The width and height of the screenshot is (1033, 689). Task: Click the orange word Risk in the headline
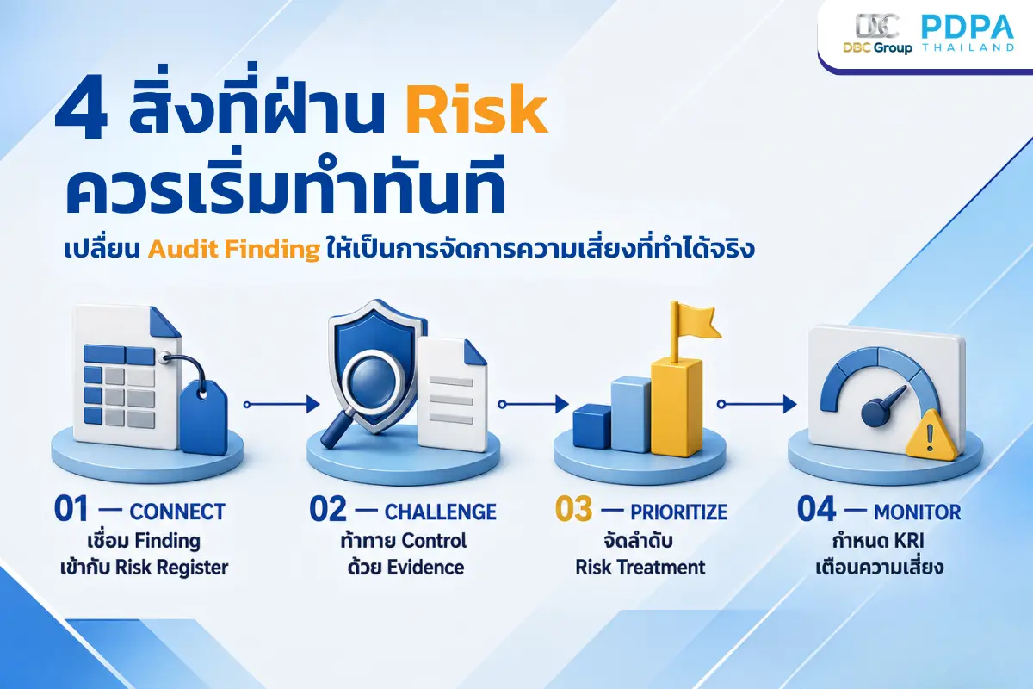click(x=476, y=110)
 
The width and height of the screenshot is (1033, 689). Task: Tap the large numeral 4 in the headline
click(x=81, y=110)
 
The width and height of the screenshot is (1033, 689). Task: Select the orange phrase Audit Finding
click(x=234, y=249)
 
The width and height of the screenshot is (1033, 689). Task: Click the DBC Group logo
click(x=877, y=34)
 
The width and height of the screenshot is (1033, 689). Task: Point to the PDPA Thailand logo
click(x=968, y=33)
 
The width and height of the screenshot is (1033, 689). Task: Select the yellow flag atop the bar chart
click(x=695, y=321)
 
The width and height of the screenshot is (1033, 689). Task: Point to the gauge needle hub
click(x=875, y=413)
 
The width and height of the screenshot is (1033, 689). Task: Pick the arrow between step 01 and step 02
click(x=281, y=404)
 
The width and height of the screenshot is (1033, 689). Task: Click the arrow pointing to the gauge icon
click(x=757, y=404)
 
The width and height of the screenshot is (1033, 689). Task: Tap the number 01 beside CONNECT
click(x=71, y=509)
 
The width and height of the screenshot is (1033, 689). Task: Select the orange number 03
click(x=573, y=509)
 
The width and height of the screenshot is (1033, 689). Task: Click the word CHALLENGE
click(x=441, y=512)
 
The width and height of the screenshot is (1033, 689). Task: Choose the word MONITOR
click(x=918, y=512)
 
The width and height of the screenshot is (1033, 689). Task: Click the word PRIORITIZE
click(x=679, y=512)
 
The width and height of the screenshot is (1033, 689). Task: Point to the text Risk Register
click(x=171, y=568)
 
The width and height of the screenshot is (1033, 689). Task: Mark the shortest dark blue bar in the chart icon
click(x=593, y=427)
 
